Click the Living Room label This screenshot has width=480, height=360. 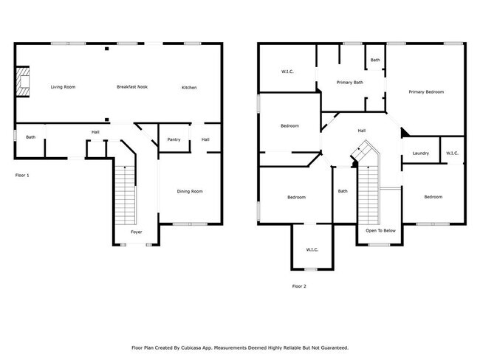tap(63, 87)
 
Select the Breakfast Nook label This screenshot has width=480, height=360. tap(132, 87)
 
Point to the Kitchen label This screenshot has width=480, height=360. tap(190, 88)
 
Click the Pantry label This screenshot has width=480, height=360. tap(174, 139)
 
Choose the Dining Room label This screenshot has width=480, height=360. tap(190, 192)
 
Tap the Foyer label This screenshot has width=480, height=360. tap(137, 232)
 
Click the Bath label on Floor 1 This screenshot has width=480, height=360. tap(31, 137)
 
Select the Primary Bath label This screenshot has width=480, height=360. tap(349, 83)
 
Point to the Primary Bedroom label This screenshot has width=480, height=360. tap(427, 91)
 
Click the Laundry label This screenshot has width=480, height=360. tap(421, 153)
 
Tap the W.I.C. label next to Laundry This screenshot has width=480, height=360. tap(452, 153)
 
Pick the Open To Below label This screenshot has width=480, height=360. tap(380, 231)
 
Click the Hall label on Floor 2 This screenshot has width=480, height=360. tap(362, 131)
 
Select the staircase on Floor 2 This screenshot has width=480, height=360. tap(367, 188)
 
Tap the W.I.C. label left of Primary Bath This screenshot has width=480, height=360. tap(287, 72)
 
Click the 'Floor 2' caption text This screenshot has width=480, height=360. tap(299, 285)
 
